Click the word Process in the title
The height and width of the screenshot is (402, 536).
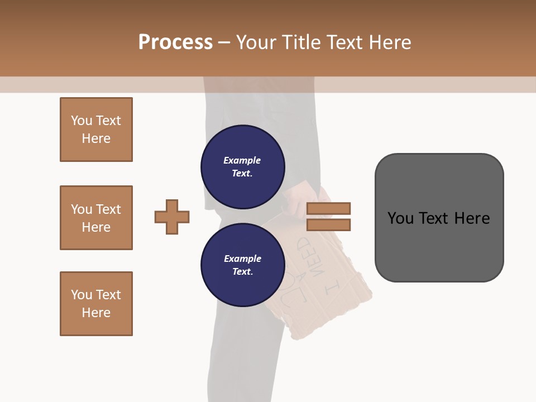(x=175, y=42)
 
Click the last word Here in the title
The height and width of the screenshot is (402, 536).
(x=390, y=42)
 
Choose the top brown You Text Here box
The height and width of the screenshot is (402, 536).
(x=96, y=130)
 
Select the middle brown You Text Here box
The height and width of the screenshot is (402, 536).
(x=96, y=218)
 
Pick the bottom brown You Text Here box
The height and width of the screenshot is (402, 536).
(x=96, y=304)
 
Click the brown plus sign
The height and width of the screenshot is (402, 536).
(x=172, y=217)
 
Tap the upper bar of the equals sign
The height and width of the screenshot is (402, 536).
(x=328, y=208)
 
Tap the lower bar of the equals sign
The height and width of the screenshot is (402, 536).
(x=328, y=225)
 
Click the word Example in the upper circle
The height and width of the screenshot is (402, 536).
(x=242, y=160)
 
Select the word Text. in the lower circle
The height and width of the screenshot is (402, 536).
(x=242, y=271)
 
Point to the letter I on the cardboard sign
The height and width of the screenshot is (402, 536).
(x=333, y=285)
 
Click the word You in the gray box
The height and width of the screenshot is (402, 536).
(x=401, y=218)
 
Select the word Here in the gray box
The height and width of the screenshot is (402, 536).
(x=472, y=218)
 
